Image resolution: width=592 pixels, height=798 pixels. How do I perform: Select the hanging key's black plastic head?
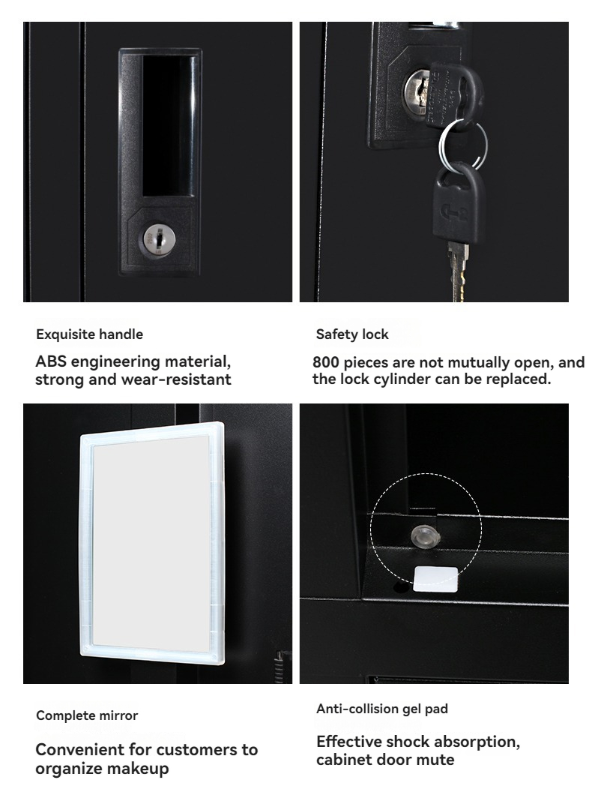(458, 203)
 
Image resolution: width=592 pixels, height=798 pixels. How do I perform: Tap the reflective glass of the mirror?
(151, 544)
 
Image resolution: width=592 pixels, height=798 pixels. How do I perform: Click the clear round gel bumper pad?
(423, 536)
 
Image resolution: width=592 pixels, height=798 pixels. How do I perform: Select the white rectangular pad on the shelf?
(435, 579)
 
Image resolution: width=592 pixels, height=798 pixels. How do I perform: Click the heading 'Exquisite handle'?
(89, 334)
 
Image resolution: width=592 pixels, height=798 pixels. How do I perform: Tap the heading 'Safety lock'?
(352, 334)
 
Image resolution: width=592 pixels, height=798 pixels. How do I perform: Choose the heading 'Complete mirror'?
(87, 715)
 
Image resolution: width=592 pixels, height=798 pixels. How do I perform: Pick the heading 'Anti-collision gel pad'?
(382, 709)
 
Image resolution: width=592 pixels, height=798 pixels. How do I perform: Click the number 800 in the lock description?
(325, 362)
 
